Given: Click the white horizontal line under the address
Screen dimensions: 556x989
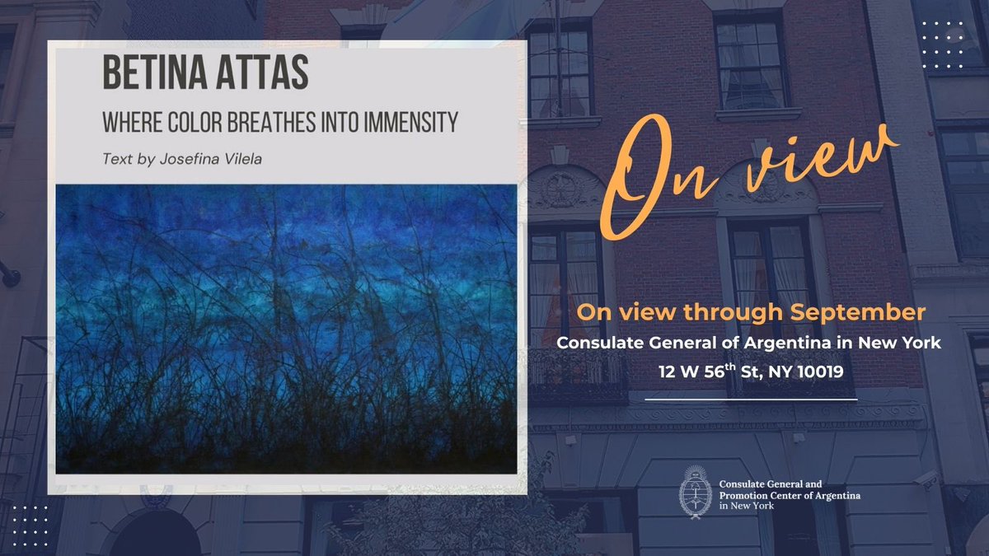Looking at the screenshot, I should [751, 399].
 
